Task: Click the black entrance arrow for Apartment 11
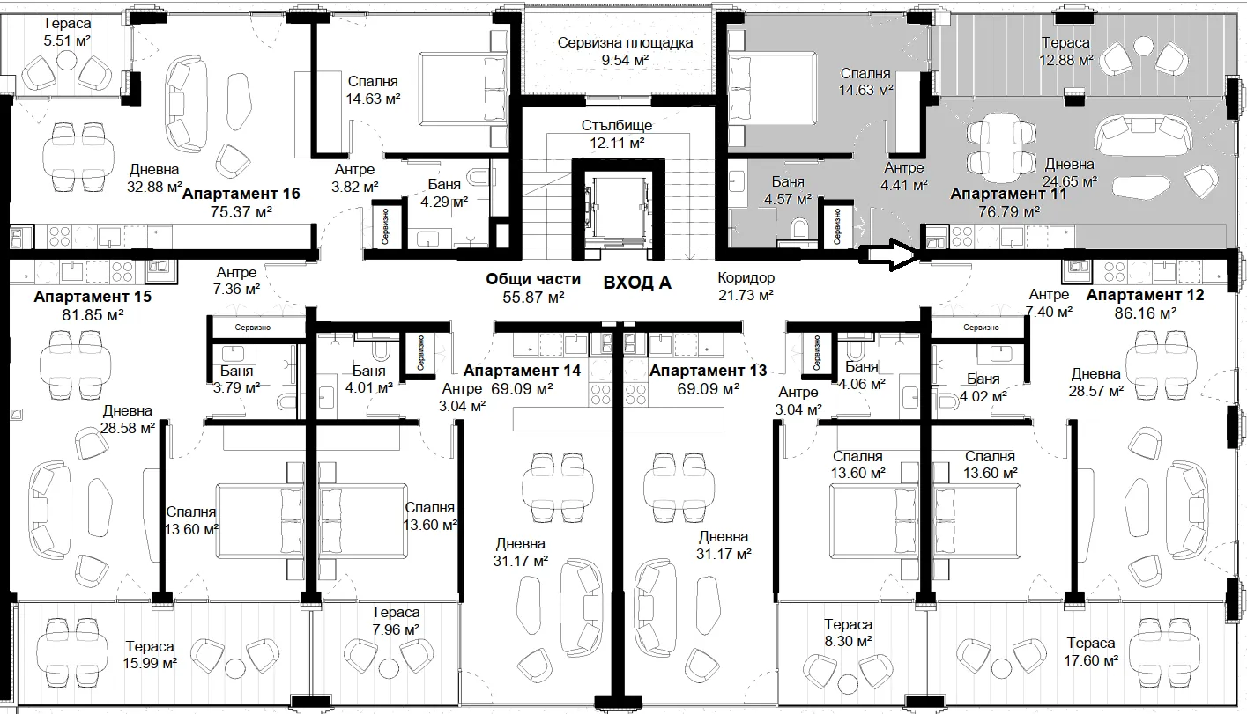889,255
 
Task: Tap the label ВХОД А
637,283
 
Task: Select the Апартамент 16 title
241,194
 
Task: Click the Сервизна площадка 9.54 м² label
625,51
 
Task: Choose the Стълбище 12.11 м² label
617,134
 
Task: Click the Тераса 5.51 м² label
67,32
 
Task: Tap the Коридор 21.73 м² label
746,286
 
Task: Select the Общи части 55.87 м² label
533,288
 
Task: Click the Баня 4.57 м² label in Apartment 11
788,190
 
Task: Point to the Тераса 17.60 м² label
1091,651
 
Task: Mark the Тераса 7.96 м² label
396,622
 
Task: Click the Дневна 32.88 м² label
154,178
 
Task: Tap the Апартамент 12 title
1145,295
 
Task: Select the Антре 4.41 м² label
904,176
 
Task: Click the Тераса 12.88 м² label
1065,50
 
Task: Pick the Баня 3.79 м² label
236,379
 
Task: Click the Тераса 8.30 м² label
848,633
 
